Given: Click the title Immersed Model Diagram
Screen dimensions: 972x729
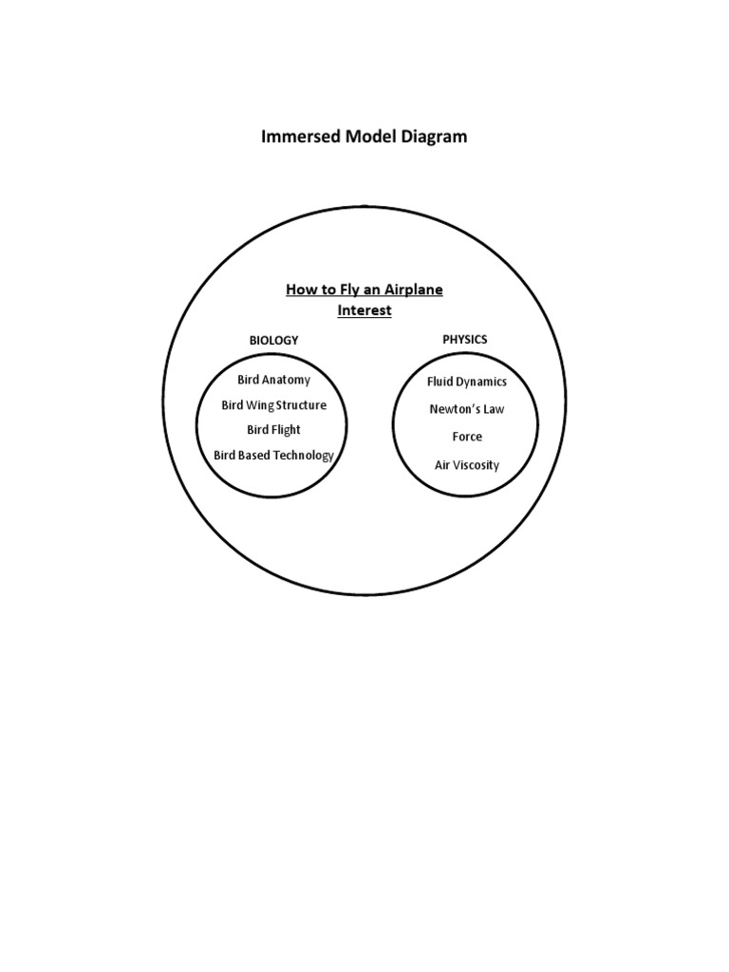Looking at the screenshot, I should (x=364, y=137).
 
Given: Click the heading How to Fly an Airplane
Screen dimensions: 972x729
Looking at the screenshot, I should (x=364, y=290).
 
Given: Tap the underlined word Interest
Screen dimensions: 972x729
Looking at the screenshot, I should (x=364, y=310).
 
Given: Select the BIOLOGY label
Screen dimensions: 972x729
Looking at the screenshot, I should (x=273, y=340).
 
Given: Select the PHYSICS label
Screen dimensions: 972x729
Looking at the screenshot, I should (x=465, y=339).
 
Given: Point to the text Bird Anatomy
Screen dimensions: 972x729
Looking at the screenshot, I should (x=273, y=380).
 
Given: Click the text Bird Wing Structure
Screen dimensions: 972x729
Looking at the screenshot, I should (x=273, y=405).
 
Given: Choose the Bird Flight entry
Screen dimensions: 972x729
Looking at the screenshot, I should (x=273, y=430).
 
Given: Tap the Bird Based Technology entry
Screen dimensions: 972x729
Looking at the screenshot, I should (x=273, y=456).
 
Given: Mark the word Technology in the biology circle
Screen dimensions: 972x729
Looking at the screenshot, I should (x=302, y=456).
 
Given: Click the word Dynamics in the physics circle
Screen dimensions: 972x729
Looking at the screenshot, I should (x=480, y=382).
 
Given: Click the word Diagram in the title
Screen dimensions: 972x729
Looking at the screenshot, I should (x=434, y=137).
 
